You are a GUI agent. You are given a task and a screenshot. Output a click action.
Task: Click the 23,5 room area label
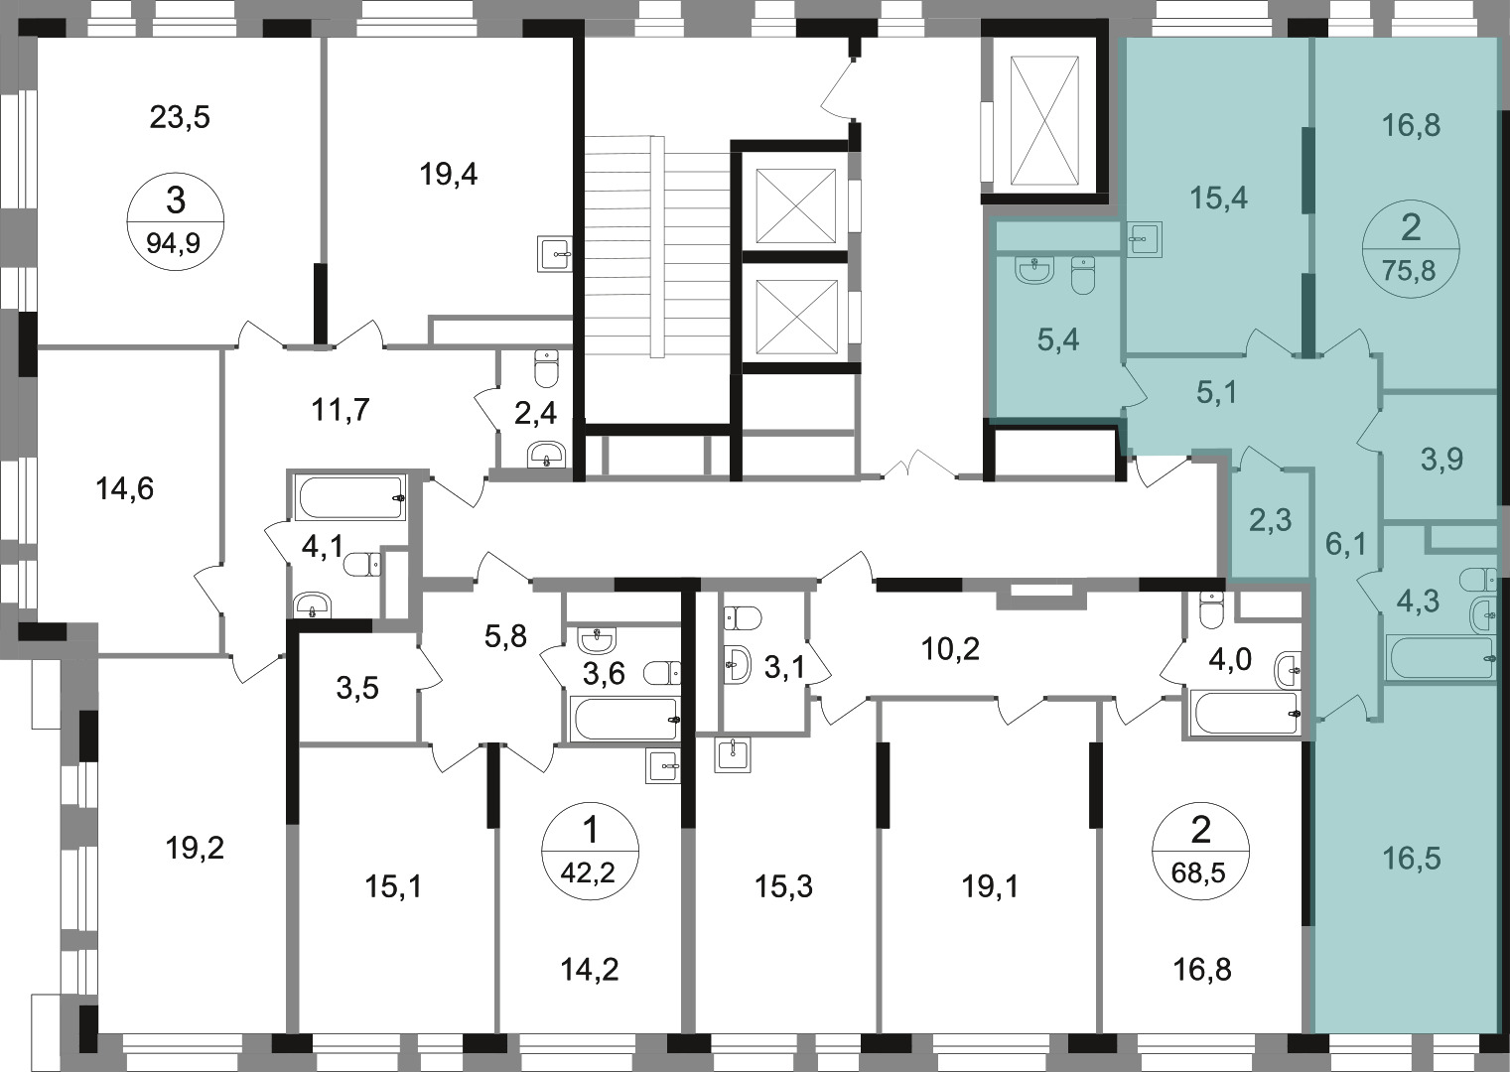pyautogui.click(x=180, y=117)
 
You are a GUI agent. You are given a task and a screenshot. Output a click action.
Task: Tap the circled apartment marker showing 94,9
pyautogui.click(x=176, y=221)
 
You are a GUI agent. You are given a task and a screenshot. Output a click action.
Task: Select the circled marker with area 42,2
pyautogui.click(x=590, y=851)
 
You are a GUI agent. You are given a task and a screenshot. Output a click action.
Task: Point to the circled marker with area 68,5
pyautogui.click(x=1200, y=851)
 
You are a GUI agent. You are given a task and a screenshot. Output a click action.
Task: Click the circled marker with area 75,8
pyautogui.click(x=1411, y=248)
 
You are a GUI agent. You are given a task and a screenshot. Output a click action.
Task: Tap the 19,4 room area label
pyautogui.click(x=449, y=175)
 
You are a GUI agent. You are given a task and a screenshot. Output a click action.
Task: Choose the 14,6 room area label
pyautogui.click(x=125, y=488)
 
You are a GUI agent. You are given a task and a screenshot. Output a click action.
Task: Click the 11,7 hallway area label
pyautogui.click(x=341, y=410)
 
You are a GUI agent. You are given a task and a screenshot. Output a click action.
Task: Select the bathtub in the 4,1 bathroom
pyautogui.click(x=350, y=497)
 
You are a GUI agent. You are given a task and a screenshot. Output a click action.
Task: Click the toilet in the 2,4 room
pyautogui.click(x=545, y=367)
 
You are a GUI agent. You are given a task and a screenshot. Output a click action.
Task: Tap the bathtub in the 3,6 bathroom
pyautogui.click(x=624, y=719)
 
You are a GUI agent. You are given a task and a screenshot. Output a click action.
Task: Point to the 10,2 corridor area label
pyautogui.click(x=950, y=649)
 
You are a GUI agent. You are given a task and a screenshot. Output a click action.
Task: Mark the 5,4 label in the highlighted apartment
pyautogui.click(x=1057, y=340)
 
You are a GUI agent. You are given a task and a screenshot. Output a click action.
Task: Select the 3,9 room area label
pyautogui.click(x=1441, y=460)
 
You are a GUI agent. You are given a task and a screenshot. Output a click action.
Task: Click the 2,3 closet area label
pyautogui.click(x=1270, y=521)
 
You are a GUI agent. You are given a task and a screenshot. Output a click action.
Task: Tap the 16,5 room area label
pyautogui.click(x=1411, y=859)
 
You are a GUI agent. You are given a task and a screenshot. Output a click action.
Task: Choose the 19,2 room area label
pyautogui.click(x=195, y=849)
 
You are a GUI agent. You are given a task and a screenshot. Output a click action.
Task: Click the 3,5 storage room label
pyautogui.click(x=357, y=689)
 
